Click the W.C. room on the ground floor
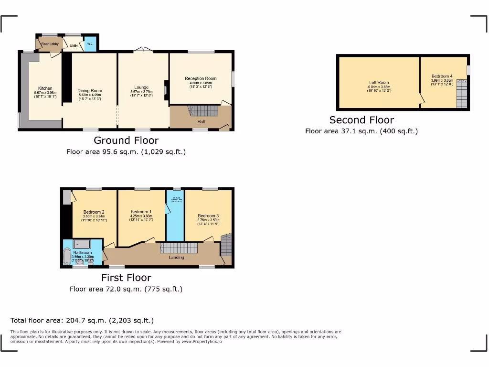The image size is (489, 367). pos(90,44)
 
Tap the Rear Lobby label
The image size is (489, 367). pos(50,44)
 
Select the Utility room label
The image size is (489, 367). pos(74,46)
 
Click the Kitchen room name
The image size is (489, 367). pos(45,88)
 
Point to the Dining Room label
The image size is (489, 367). pos(90,90)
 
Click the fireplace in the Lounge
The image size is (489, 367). pos(166,89)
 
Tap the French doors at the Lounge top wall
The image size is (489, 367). pos(142,50)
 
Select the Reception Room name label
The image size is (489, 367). pos(201,78)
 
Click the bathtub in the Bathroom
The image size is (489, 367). pos(66,257)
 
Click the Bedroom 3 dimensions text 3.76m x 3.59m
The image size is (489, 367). pos(208,220)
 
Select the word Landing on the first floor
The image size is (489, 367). pos(176,257)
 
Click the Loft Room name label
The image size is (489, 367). pos(379,82)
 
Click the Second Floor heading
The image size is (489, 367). pos(361,120)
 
